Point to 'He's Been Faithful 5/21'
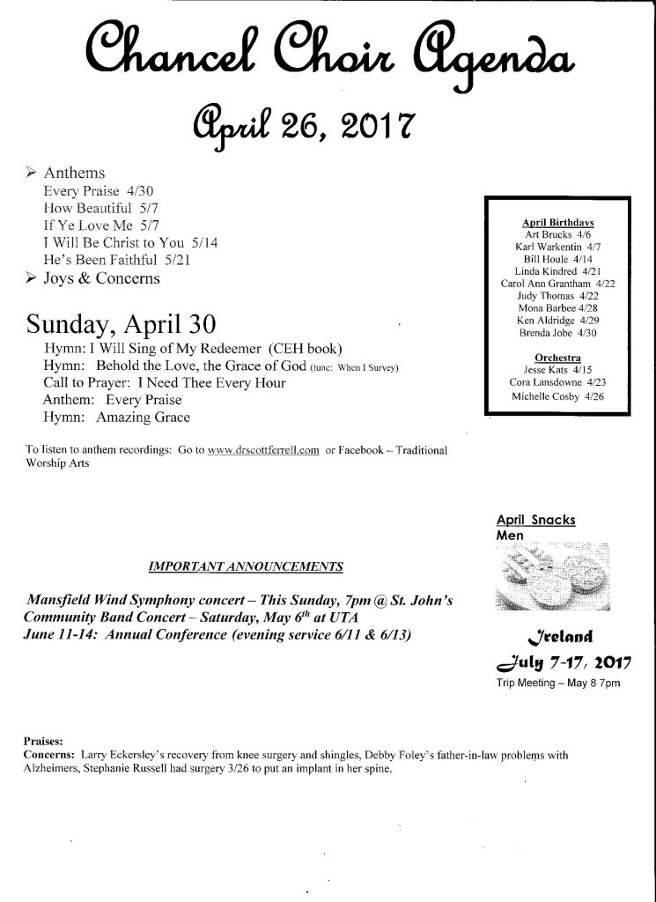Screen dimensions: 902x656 tap(115, 260)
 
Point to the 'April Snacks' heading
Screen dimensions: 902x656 tap(535, 520)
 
